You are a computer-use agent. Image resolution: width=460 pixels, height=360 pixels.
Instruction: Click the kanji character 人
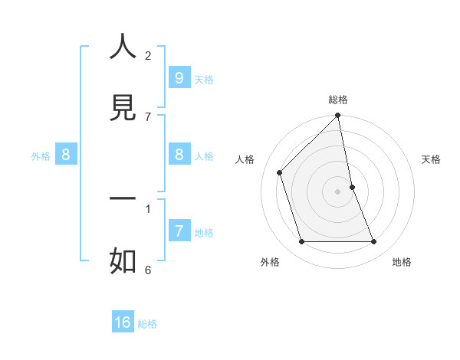click(x=123, y=47)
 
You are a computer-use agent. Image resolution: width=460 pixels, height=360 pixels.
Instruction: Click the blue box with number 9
click(x=179, y=77)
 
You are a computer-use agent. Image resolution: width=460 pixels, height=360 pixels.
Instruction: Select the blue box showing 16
click(x=123, y=322)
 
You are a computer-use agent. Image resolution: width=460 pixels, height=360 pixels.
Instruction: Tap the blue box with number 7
click(x=179, y=230)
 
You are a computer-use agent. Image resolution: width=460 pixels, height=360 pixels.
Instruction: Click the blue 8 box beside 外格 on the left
click(x=66, y=155)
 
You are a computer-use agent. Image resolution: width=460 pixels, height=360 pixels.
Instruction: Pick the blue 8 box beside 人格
click(x=179, y=154)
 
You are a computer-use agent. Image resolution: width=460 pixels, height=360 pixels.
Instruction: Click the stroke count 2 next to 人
click(x=148, y=55)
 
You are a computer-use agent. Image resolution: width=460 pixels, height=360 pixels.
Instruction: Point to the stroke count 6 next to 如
click(x=148, y=269)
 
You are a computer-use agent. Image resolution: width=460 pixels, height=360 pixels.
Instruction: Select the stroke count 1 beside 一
click(x=148, y=208)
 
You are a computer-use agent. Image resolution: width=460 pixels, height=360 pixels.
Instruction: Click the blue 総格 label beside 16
click(x=147, y=324)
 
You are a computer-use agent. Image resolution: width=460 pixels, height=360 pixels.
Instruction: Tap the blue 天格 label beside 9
click(x=203, y=79)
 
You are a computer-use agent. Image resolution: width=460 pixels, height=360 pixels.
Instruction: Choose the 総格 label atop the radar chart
click(x=338, y=100)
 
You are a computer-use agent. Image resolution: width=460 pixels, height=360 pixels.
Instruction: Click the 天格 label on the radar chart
click(x=431, y=159)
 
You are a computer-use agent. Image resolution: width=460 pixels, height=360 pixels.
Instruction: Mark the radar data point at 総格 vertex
click(x=338, y=116)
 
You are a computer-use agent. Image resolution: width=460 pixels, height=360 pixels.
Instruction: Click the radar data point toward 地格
click(x=374, y=242)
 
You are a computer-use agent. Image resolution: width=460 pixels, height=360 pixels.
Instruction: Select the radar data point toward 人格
click(x=280, y=172)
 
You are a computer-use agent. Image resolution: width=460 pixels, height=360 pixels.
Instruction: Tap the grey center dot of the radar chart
click(x=338, y=191)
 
